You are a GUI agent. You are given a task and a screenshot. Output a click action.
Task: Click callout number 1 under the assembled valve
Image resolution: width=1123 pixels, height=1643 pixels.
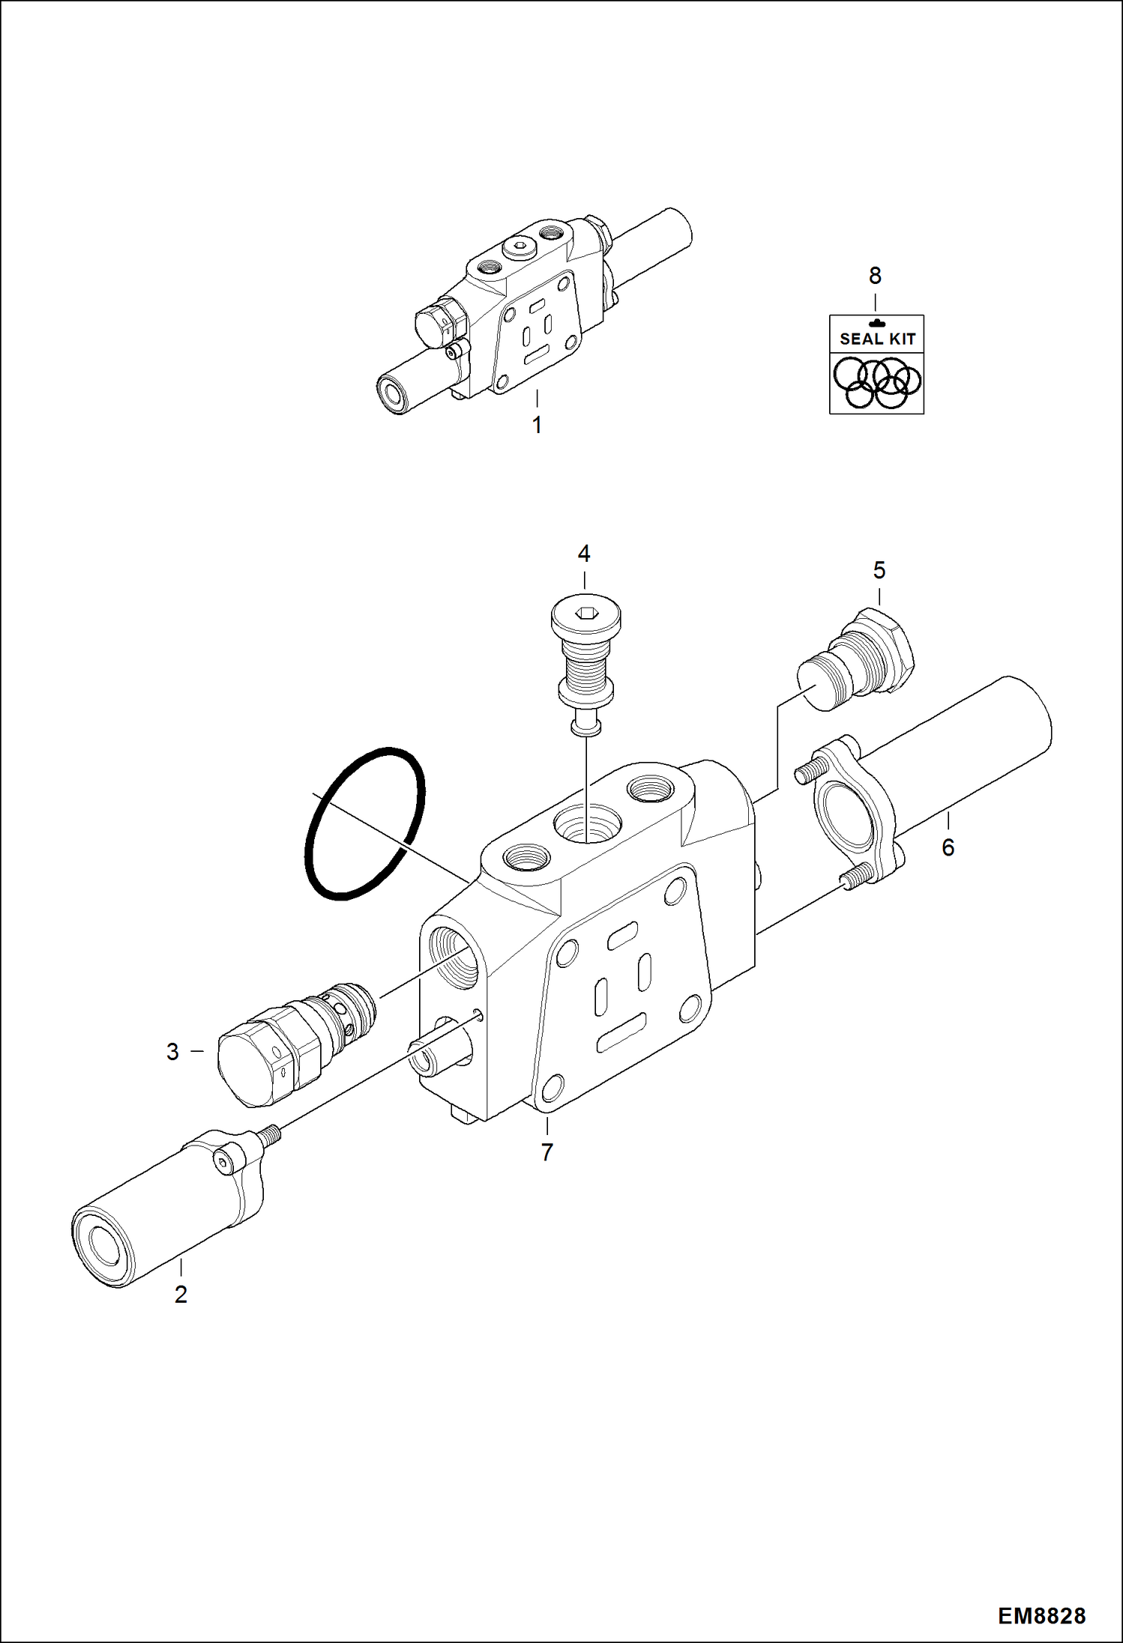tap(537, 425)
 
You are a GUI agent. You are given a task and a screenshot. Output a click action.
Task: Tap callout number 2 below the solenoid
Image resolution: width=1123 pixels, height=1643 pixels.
tap(181, 1294)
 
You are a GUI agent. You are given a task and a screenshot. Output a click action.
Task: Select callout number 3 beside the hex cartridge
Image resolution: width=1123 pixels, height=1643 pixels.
tap(172, 1051)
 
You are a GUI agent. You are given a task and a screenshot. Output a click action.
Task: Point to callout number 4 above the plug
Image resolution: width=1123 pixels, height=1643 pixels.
tap(584, 554)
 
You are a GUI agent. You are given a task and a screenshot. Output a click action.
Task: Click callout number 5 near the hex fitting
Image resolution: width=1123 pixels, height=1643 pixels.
tap(879, 570)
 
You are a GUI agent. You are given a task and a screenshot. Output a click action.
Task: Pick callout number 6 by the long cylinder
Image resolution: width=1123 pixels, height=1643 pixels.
tap(948, 847)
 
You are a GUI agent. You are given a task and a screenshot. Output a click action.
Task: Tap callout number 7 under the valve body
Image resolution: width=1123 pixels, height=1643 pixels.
tap(547, 1152)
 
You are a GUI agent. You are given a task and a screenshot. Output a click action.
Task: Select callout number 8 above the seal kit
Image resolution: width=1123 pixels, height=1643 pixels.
tap(875, 276)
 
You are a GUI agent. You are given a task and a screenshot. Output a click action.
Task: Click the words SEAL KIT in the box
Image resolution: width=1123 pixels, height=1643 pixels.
tap(877, 339)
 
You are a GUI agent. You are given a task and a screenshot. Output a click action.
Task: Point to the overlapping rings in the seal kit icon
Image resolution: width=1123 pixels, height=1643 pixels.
tap(877, 382)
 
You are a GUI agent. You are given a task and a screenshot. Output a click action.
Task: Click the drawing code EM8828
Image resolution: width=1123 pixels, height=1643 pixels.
tap(1041, 1616)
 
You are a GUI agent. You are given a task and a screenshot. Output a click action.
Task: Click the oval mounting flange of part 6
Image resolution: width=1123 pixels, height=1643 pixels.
tap(853, 813)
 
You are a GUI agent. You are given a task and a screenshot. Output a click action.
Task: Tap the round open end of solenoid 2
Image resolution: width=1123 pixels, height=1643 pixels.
tap(101, 1246)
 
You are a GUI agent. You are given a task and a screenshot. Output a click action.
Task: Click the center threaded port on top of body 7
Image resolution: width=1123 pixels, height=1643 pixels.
tap(587, 826)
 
